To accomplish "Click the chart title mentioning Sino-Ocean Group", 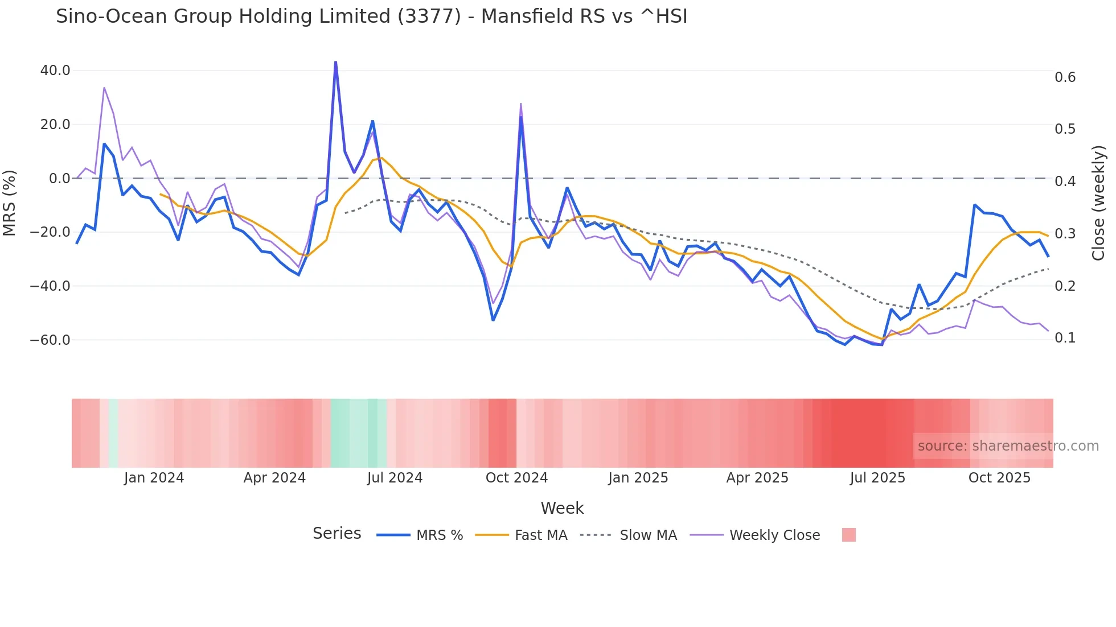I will coord(371,16).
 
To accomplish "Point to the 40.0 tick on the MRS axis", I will coord(55,71).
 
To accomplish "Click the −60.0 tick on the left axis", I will coord(50,340).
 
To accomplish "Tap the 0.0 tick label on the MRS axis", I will coord(59,179).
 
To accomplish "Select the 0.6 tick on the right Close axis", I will coord(1065,77).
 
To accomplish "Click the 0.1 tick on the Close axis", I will coord(1065,338).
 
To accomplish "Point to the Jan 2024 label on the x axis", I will coord(154,478).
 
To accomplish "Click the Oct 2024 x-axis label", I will coord(516,478).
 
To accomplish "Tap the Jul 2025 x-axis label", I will coord(877,478).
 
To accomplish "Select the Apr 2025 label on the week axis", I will coord(757,478).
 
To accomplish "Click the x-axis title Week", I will coord(562,508).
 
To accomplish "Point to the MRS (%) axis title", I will coord(10,203).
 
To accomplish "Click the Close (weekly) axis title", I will coord(1098,203).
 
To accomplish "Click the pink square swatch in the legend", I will coord(848,535).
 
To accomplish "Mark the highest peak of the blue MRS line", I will coord(335,62).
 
